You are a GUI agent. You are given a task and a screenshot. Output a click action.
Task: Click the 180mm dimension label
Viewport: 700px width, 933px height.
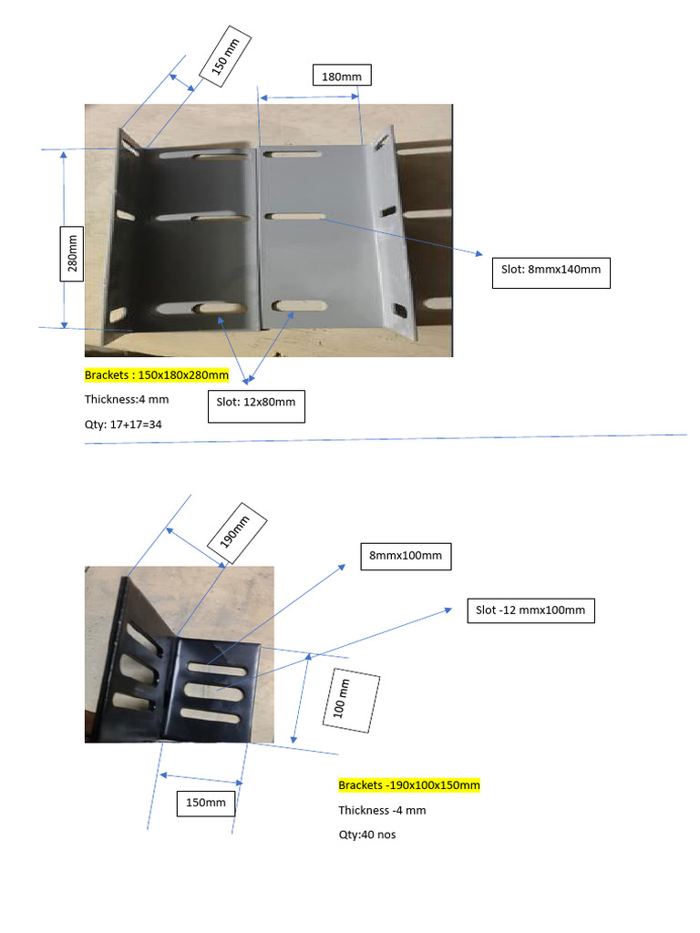(342, 77)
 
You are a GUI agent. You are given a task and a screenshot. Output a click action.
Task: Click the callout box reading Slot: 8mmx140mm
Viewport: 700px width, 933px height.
(551, 273)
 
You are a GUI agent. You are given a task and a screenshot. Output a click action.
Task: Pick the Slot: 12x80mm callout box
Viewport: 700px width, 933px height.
(256, 406)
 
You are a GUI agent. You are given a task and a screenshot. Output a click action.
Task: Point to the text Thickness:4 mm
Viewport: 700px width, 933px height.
(127, 399)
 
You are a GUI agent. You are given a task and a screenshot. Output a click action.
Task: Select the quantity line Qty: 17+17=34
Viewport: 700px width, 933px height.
(123, 424)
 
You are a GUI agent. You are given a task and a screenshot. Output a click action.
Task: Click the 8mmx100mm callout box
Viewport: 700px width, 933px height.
(406, 555)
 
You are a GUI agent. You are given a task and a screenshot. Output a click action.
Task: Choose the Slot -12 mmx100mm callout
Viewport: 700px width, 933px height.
(530, 610)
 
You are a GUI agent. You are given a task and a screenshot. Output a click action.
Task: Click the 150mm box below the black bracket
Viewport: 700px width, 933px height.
(206, 803)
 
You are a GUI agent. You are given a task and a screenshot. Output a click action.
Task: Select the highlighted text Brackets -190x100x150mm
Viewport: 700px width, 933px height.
(409, 785)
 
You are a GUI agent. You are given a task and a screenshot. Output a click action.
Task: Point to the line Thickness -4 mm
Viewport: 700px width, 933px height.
(382, 810)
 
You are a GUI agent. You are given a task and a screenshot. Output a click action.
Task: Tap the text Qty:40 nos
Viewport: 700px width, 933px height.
(367, 835)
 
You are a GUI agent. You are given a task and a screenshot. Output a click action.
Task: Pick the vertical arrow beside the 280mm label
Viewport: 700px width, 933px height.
(64, 240)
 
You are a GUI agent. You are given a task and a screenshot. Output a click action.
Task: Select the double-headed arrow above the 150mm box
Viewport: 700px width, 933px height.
(201, 778)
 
